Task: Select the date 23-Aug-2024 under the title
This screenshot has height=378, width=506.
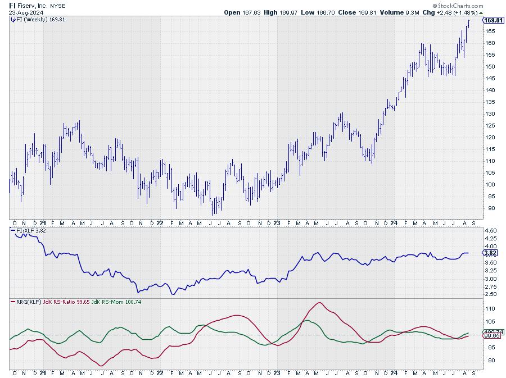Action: (25, 12)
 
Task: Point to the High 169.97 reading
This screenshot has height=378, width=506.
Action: (278, 12)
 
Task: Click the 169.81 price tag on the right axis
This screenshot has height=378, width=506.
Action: (493, 20)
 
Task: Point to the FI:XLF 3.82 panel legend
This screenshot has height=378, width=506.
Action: (30, 230)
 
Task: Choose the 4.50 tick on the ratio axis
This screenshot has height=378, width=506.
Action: (490, 230)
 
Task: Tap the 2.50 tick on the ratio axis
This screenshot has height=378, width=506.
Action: (490, 294)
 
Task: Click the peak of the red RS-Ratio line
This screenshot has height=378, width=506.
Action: (319, 303)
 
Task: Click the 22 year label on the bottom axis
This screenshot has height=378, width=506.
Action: (160, 372)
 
